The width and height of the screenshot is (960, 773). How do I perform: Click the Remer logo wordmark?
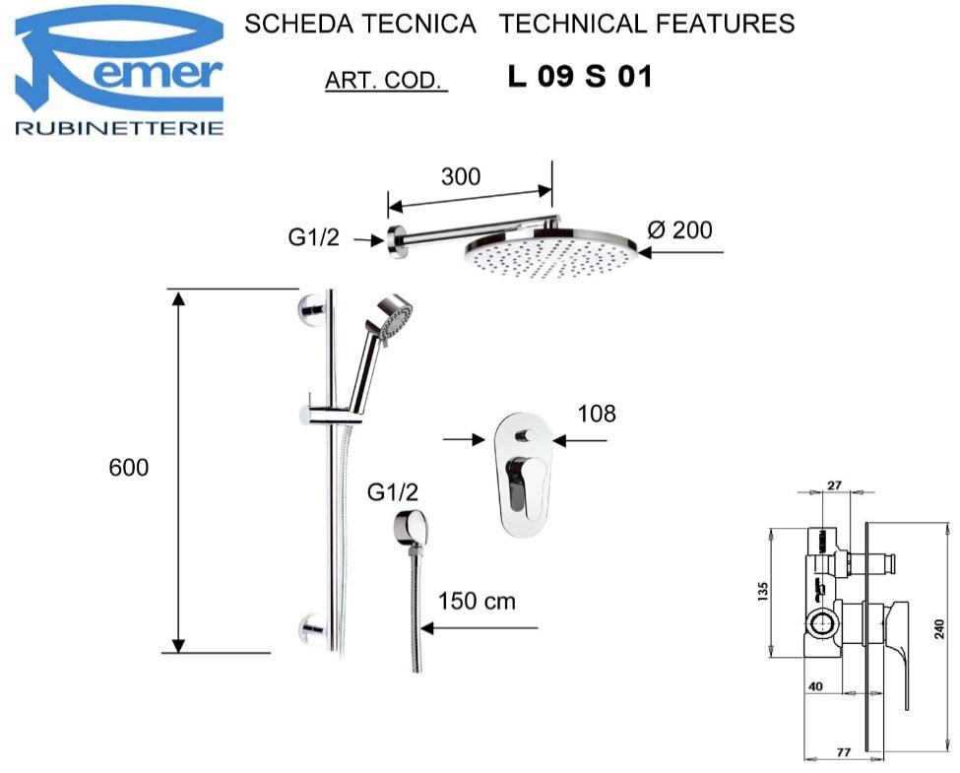(119, 64)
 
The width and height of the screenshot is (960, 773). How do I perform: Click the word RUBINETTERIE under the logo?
(119, 128)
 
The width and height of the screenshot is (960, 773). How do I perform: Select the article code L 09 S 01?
(580, 77)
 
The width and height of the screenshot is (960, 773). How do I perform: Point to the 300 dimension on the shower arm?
(461, 176)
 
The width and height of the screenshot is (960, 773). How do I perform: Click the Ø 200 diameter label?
(679, 229)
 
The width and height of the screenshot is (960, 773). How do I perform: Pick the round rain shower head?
(551, 252)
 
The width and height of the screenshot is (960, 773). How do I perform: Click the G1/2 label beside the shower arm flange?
(313, 236)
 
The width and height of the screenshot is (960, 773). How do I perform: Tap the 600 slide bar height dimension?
(129, 468)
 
